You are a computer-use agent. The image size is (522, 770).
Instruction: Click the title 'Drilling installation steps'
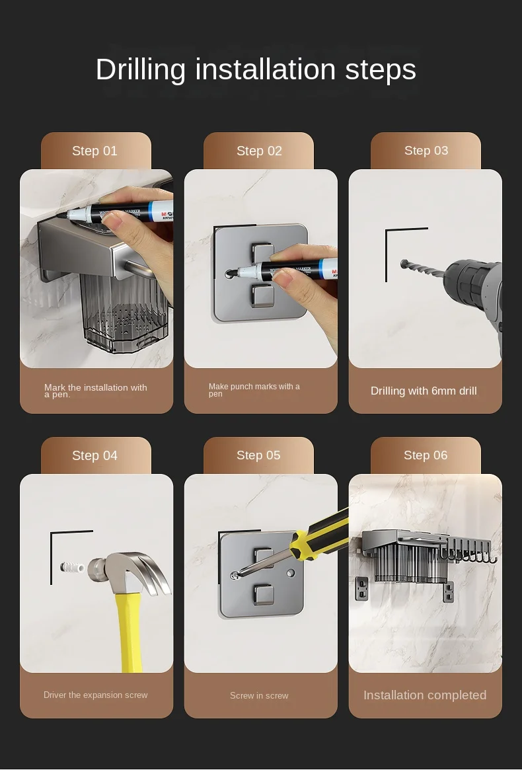pos(256,69)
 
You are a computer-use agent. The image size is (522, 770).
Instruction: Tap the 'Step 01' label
pos(94,151)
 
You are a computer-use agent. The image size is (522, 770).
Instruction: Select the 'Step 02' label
pos(259,151)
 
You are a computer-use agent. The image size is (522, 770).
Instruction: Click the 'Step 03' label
pos(426,151)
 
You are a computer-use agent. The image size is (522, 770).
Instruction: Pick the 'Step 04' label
pos(94,455)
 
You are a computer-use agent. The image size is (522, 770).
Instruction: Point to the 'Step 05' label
pos(258,455)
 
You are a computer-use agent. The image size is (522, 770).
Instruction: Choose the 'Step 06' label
pos(426,455)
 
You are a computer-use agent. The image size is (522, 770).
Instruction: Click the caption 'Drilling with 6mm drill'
pos(424,391)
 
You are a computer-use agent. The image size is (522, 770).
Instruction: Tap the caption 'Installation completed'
pos(425,695)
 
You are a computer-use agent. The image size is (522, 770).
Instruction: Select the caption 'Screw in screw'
pos(259,695)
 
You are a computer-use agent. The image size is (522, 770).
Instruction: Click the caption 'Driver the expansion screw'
pos(96,695)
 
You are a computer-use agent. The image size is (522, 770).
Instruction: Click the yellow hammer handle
pos(135,635)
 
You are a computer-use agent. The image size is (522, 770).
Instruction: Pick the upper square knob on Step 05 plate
pos(265,558)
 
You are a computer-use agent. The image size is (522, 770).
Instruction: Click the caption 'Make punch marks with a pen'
pos(254,390)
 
